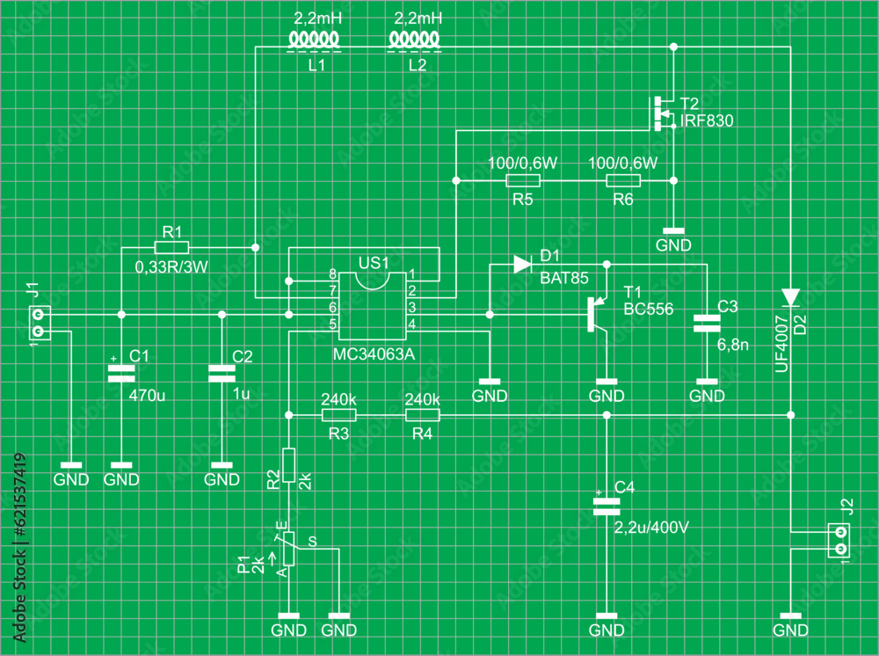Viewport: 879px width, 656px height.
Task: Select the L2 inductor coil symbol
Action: point(416,40)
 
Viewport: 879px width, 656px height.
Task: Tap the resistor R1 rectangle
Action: point(171,247)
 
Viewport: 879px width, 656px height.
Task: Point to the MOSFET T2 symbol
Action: point(660,113)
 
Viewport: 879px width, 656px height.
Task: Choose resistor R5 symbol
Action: point(523,180)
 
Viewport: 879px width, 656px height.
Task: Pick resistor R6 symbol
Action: point(623,180)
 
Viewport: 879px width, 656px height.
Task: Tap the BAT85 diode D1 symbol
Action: point(523,263)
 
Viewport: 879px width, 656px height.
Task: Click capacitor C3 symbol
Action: point(707,324)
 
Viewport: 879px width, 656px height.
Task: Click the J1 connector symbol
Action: point(38,323)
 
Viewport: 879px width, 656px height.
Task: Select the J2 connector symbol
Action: point(840,540)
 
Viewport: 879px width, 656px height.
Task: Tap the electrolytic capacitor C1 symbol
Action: point(121,373)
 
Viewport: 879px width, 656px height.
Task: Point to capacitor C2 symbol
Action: point(222,373)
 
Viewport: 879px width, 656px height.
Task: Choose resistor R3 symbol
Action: point(338,415)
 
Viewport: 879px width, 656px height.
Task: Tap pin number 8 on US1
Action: point(332,274)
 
